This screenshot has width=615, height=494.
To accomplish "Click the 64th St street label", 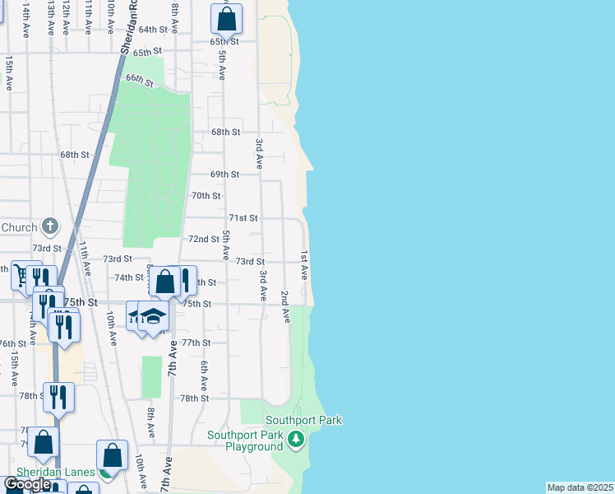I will [153, 29].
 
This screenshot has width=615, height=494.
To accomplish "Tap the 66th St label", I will [140, 80].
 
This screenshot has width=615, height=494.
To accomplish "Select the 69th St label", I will [224, 175].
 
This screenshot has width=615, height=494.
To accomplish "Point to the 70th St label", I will [206, 196].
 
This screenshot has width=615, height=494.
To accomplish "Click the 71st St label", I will [243, 218].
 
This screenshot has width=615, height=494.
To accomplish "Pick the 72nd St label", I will [203, 239].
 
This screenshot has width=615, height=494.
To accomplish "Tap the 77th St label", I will [197, 343].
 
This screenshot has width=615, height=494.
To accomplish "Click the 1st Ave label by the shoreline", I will [303, 264].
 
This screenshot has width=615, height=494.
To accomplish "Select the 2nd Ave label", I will [284, 306].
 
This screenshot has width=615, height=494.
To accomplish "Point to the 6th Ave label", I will [203, 375].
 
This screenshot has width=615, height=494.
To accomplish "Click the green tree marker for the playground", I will [296, 441].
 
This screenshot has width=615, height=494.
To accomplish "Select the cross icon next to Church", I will [50, 226].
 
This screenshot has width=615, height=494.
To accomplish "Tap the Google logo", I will [28, 484].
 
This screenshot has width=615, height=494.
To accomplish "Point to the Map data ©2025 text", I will [580, 487].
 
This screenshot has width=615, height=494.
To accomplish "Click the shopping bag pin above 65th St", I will [227, 18].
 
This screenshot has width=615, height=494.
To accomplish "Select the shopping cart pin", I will [22, 274].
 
